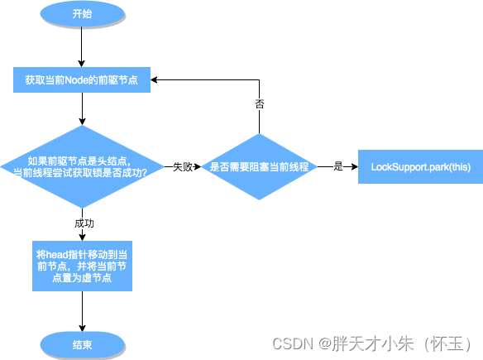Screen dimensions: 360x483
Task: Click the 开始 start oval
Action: coord(83,14)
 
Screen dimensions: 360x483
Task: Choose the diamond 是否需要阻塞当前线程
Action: coord(260,166)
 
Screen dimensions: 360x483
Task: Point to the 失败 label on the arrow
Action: coord(183,166)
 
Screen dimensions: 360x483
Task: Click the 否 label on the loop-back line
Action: coord(259,104)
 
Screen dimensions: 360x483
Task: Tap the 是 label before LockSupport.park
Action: coord(337,166)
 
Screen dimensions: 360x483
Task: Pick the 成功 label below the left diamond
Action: coord(83,223)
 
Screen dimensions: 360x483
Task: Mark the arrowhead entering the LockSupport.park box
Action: coord(354,166)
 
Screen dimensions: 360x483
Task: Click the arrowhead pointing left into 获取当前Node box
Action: coord(155,80)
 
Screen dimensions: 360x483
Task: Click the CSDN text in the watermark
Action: coord(292,343)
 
